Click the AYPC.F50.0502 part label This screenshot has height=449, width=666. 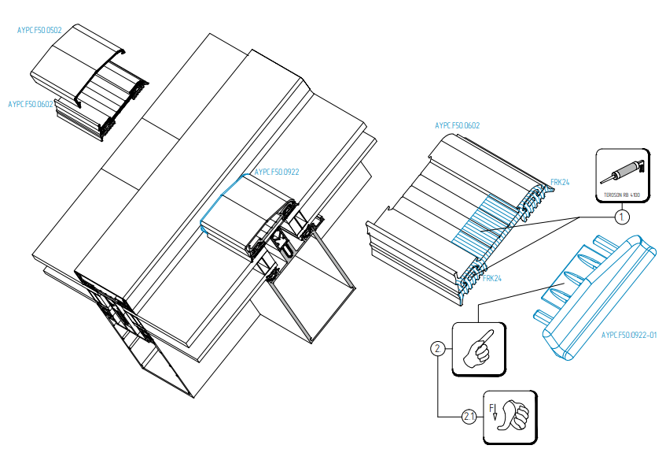(39, 30)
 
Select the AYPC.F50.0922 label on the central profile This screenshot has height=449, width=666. (276, 172)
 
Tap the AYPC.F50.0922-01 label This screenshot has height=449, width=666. (628, 335)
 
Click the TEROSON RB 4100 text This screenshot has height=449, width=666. (621, 193)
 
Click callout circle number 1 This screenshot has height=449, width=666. (620, 214)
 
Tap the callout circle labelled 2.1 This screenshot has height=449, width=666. (469, 415)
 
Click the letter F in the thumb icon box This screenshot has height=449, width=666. (492, 407)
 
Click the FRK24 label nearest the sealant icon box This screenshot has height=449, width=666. (559, 182)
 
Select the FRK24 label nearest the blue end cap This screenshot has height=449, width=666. (492, 278)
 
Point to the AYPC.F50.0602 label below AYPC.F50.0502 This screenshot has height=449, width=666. (30, 104)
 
